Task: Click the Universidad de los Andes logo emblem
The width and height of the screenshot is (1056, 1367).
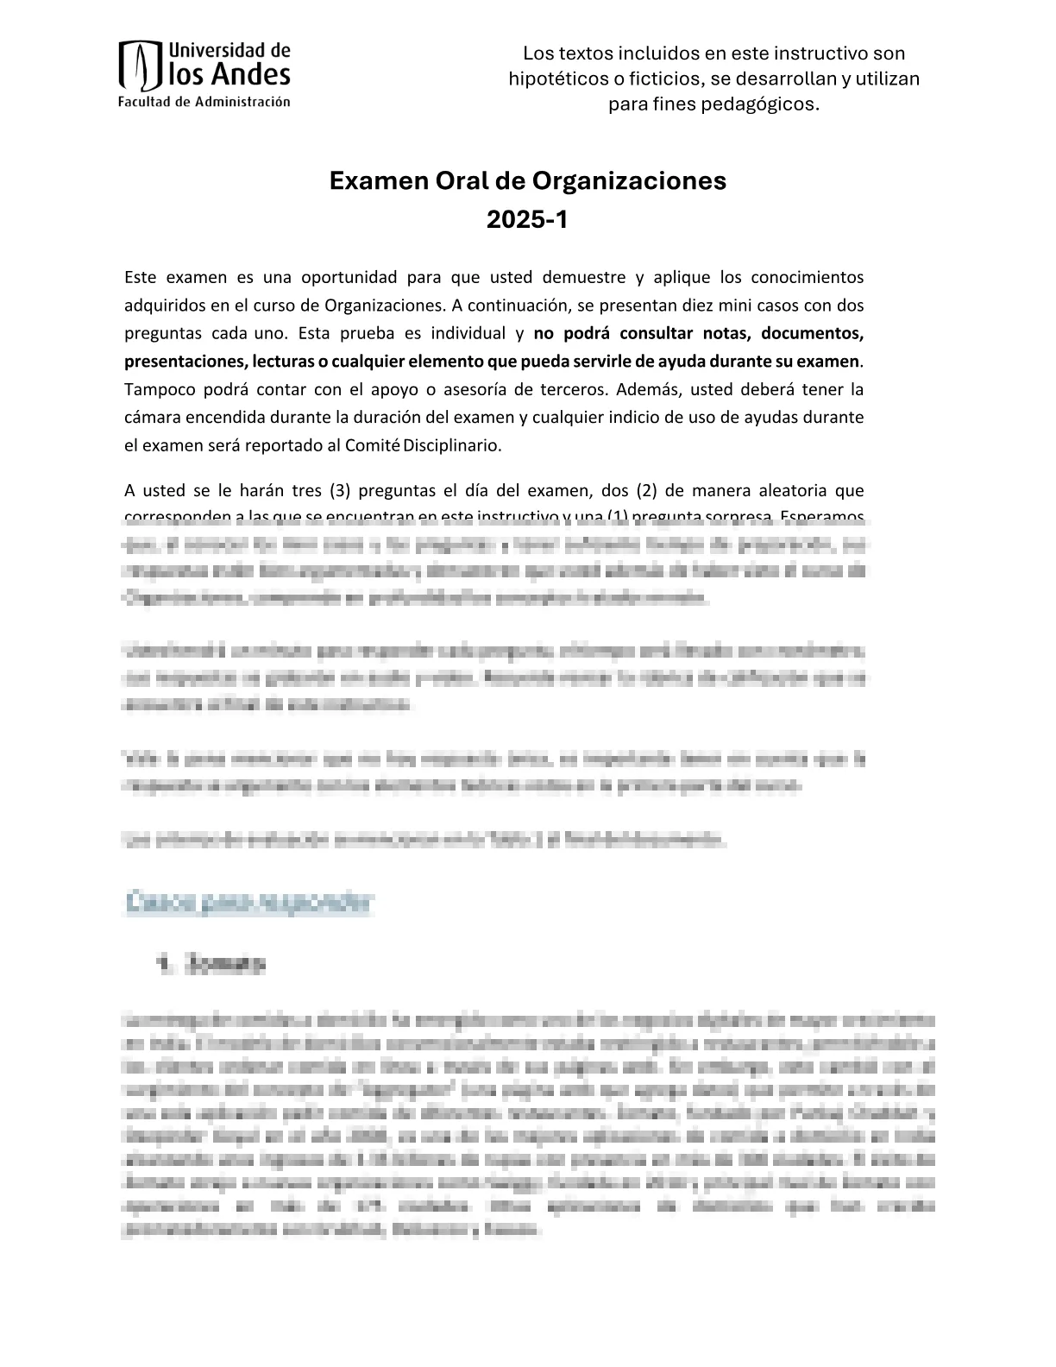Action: tap(141, 66)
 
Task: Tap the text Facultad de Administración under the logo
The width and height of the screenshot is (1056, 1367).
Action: tap(204, 102)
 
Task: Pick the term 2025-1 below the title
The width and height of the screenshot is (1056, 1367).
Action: tap(527, 220)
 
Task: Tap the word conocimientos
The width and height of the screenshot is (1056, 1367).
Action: tap(808, 277)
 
